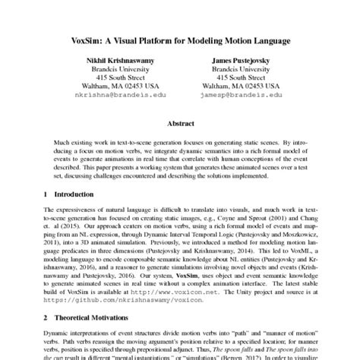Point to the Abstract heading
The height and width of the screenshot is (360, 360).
coord(179,122)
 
